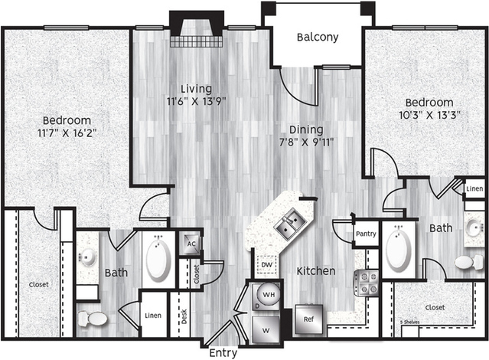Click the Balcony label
[x=318, y=38]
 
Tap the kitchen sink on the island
[x=290, y=224]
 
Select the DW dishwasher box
[x=266, y=265]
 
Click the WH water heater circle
[x=268, y=294]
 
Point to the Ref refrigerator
[x=308, y=319]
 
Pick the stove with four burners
[x=366, y=283]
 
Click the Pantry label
[x=366, y=234]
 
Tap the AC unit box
[x=191, y=244]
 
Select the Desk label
[x=184, y=316]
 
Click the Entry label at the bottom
[x=223, y=353]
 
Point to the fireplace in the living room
[x=197, y=29]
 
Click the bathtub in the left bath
[x=158, y=259]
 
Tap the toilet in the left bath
[x=93, y=319]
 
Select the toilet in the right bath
[x=469, y=262]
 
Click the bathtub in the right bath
[x=399, y=249]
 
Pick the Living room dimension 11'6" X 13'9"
[x=197, y=101]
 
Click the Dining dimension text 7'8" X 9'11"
[x=306, y=142]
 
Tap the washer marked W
[x=266, y=330]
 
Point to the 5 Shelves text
[x=409, y=322]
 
